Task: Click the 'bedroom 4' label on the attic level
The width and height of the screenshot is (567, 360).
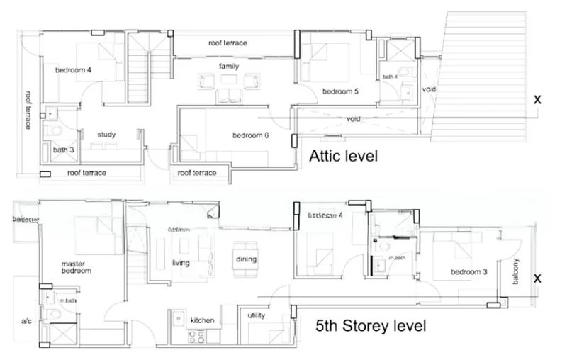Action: click(74, 69)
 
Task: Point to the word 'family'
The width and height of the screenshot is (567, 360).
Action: click(228, 67)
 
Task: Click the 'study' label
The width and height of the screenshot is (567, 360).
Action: click(107, 134)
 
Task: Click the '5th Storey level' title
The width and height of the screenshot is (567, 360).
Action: click(371, 326)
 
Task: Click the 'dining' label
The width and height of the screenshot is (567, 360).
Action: click(246, 259)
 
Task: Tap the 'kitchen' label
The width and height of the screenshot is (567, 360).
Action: click(202, 321)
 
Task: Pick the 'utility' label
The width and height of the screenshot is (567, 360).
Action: click(257, 315)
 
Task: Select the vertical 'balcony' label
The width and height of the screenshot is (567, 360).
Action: click(516, 271)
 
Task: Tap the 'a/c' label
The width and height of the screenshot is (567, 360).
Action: click(26, 322)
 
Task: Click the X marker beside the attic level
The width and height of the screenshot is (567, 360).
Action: click(538, 100)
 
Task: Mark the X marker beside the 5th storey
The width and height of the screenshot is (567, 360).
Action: click(538, 279)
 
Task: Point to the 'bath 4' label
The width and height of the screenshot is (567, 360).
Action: click(391, 77)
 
